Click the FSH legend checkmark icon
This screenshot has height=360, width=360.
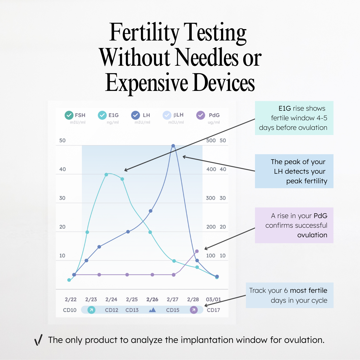pos(69,115)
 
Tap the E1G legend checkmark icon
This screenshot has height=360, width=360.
pos(102,115)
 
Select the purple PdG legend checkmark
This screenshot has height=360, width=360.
pos(200,115)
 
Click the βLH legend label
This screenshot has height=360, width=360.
pos(178,115)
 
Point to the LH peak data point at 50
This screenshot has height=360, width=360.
pos(173,146)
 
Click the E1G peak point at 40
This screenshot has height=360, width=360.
pos(106,175)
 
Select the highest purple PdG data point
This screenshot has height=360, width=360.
pos(197,251)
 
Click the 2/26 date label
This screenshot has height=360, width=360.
pos(152,299)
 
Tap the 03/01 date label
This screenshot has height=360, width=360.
pos(213,299)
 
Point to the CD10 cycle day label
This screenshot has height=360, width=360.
pos(70,310)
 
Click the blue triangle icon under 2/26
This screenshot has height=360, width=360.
pos(152,310)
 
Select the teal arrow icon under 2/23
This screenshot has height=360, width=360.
pos(91,310)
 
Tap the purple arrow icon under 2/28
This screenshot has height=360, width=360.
pos(194,310)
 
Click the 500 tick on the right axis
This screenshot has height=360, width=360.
pos(211,140)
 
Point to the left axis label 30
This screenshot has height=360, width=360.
pos(62,198)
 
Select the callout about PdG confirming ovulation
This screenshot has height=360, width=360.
pos(294,225)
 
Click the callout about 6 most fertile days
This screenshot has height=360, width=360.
pos(289,295)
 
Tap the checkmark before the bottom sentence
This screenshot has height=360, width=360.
pos(38,340)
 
